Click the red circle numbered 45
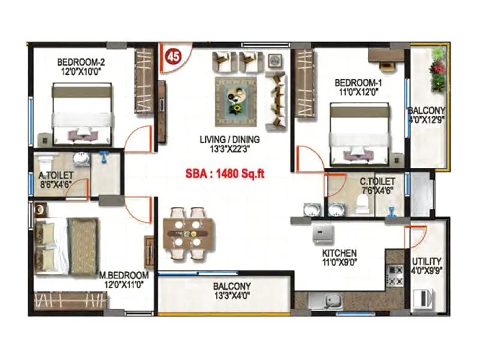tap(173, 58)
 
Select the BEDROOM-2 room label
tap(81, 62)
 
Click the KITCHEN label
tap(339, 253)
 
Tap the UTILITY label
tap(427, 262)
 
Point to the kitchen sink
tap(329, 300)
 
